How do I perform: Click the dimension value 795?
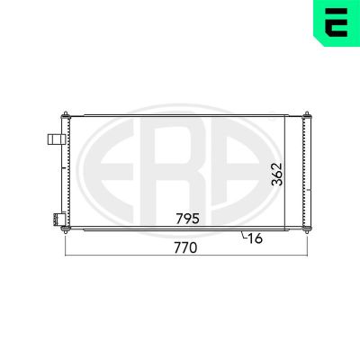coord(187,219)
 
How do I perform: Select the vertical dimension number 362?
coord(277,175)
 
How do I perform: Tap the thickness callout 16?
coord(256,238)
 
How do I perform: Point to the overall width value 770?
coord(185,247)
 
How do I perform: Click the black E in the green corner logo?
coord(337,22)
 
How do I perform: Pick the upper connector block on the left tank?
coord(57,139)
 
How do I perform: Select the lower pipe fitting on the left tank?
coord(58,220)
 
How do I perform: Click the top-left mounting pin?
coord(66,115)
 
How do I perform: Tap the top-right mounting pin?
coord(307,115)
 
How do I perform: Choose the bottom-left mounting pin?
coord(65,229)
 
